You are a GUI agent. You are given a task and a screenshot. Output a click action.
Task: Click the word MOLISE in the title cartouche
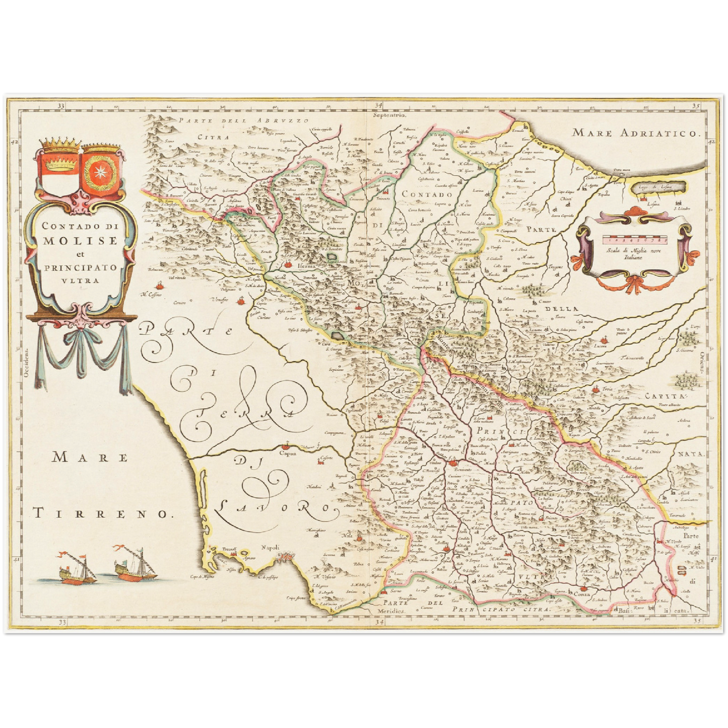click(80, 240)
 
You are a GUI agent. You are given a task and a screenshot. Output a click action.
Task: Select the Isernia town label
click(306, 266)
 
